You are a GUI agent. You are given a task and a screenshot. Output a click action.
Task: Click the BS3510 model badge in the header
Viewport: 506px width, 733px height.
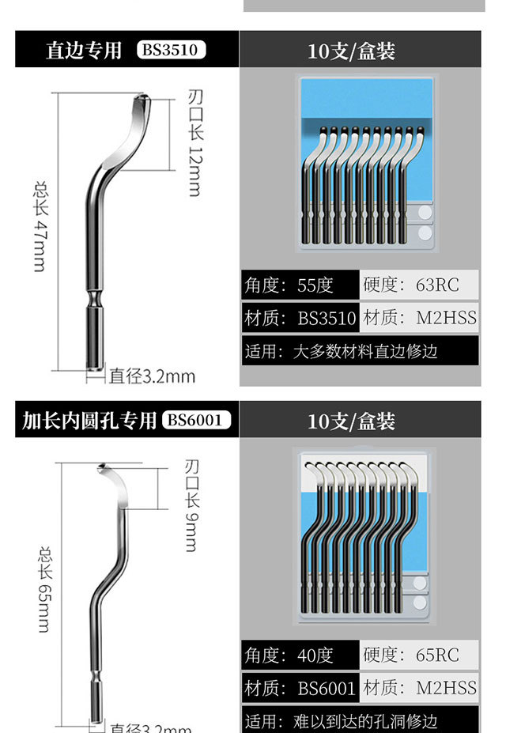(x=171, y=51)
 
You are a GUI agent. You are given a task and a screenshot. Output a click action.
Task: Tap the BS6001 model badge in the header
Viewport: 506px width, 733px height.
(x=197, y=420)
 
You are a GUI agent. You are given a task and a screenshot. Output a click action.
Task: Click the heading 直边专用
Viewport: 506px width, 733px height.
(x=83, y=51)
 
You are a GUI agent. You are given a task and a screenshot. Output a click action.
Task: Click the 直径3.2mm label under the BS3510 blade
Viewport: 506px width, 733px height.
(x=152, y=376)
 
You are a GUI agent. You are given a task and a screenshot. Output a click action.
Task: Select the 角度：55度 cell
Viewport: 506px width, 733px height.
(x=300, y=285)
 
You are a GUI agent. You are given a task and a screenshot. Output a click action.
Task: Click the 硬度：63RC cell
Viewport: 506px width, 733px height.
(x=421, y=285)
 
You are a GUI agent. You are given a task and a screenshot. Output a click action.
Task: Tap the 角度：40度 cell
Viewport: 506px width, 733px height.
(x=300, y=656)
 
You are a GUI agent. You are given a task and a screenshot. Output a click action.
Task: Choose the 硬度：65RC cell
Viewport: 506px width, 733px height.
(x=421, y=656)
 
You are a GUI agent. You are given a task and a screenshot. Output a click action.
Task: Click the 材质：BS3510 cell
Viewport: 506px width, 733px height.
(x=300, y=319)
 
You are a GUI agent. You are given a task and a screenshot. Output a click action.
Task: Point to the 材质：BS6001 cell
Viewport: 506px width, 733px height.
(x=300, y=688)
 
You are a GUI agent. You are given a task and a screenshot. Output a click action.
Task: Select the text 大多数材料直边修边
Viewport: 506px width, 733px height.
(x=364, y=350)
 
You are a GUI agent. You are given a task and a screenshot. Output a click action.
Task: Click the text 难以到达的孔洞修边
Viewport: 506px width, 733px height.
(x=364, y=721)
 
